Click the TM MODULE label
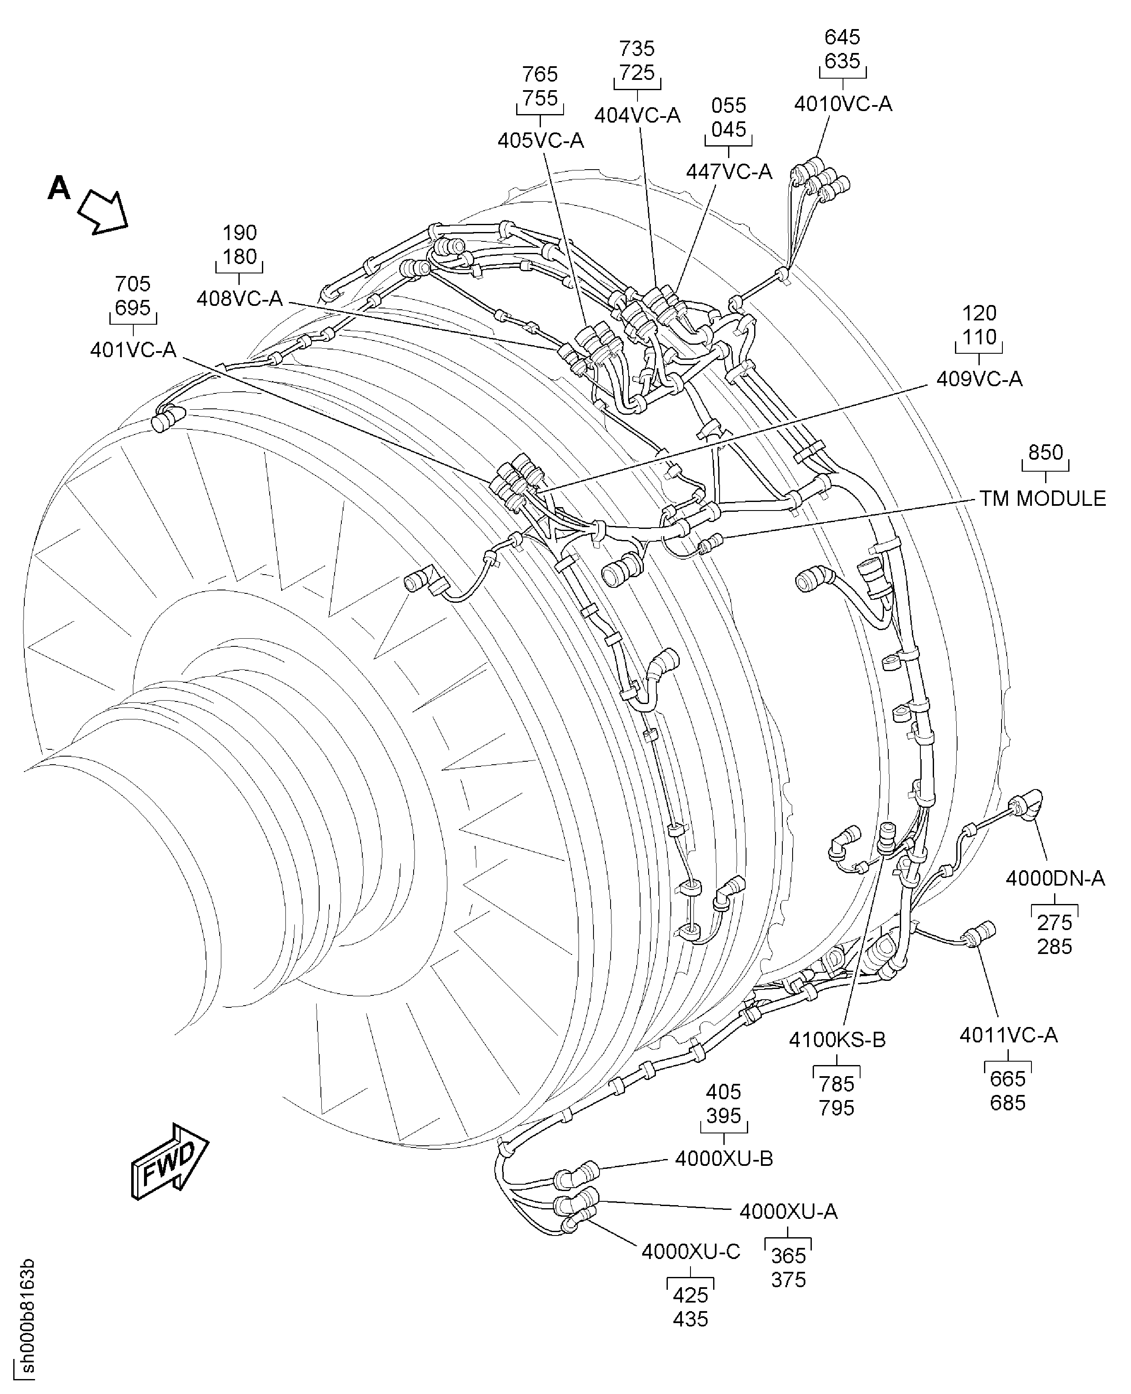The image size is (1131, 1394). pos(1043,499)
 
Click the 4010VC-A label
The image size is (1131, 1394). pos(843,104)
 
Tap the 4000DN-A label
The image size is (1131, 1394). pos(1055,879)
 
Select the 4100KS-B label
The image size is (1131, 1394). pos(837,1040)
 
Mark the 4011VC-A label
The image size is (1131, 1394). pos(1008,1035)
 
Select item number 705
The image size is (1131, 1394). pos(132,284)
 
